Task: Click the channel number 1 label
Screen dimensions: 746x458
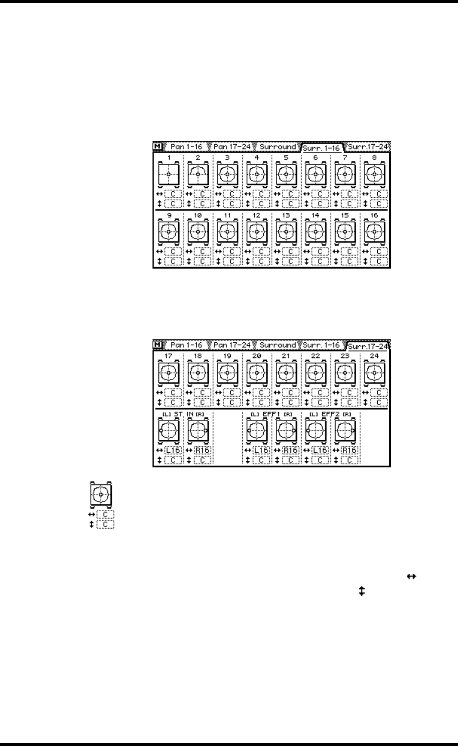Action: pyautogui.click(x=169, y=158)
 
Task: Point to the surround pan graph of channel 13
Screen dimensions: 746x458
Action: pyautogui.click(x=287, y=231)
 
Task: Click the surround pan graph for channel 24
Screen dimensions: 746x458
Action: pyautogui.click(x=375, y=374)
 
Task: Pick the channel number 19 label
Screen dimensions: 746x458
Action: pyautogui.click(x=228, y=356)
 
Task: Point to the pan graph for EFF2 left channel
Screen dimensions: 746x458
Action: pyautogui.click(x=316, y=431)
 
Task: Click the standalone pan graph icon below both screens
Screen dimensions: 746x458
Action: pyautogui.click(x=101, y=494)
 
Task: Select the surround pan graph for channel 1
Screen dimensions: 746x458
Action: pyautogui.click(x=169, y=174)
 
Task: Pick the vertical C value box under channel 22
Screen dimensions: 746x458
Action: pyautogui.click(x=321, y=402)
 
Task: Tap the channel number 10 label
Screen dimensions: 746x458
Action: pyautogui.click(x=198, y=214)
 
